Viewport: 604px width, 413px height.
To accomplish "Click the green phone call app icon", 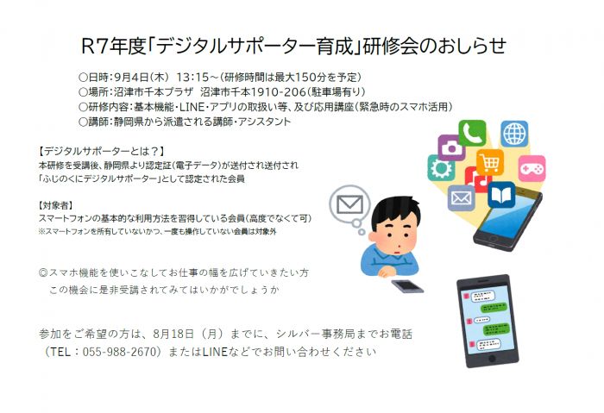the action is pyautogui.click(x=472, y=133).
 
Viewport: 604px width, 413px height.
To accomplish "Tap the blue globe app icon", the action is pyautogui.click(x=514, y=134).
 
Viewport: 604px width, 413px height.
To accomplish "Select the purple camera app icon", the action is pyautogui.click(x=450, y=147).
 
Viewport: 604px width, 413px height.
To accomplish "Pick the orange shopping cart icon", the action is pyautogui.click(x=490, y=162).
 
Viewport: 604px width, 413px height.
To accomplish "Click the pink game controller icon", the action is pyautogui.click(x=532, y=169).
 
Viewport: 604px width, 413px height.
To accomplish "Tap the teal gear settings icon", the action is pyautogui.click(x=441, y=168).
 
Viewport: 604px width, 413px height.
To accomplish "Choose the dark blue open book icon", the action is pyautogui.click(x=501, y=195).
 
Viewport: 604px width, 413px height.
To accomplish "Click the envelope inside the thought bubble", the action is pyautogui.click(x=349, y=204).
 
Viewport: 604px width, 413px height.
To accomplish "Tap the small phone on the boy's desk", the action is pyautogui.click(x=407, y=286).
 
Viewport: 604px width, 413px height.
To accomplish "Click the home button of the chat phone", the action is pyautogui.click(x=492, y=359).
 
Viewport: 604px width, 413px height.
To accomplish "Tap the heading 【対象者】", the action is pyautogui.click(x=56, y=205).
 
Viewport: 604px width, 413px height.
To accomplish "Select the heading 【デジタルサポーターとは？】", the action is pyautogui.click(x=103, y=151).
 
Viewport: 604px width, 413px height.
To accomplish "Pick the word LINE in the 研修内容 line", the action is pyautogui.click(x=192, y=107).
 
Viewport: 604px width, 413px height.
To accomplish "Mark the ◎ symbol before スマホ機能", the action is pyautogui.click(x=43, y=273).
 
